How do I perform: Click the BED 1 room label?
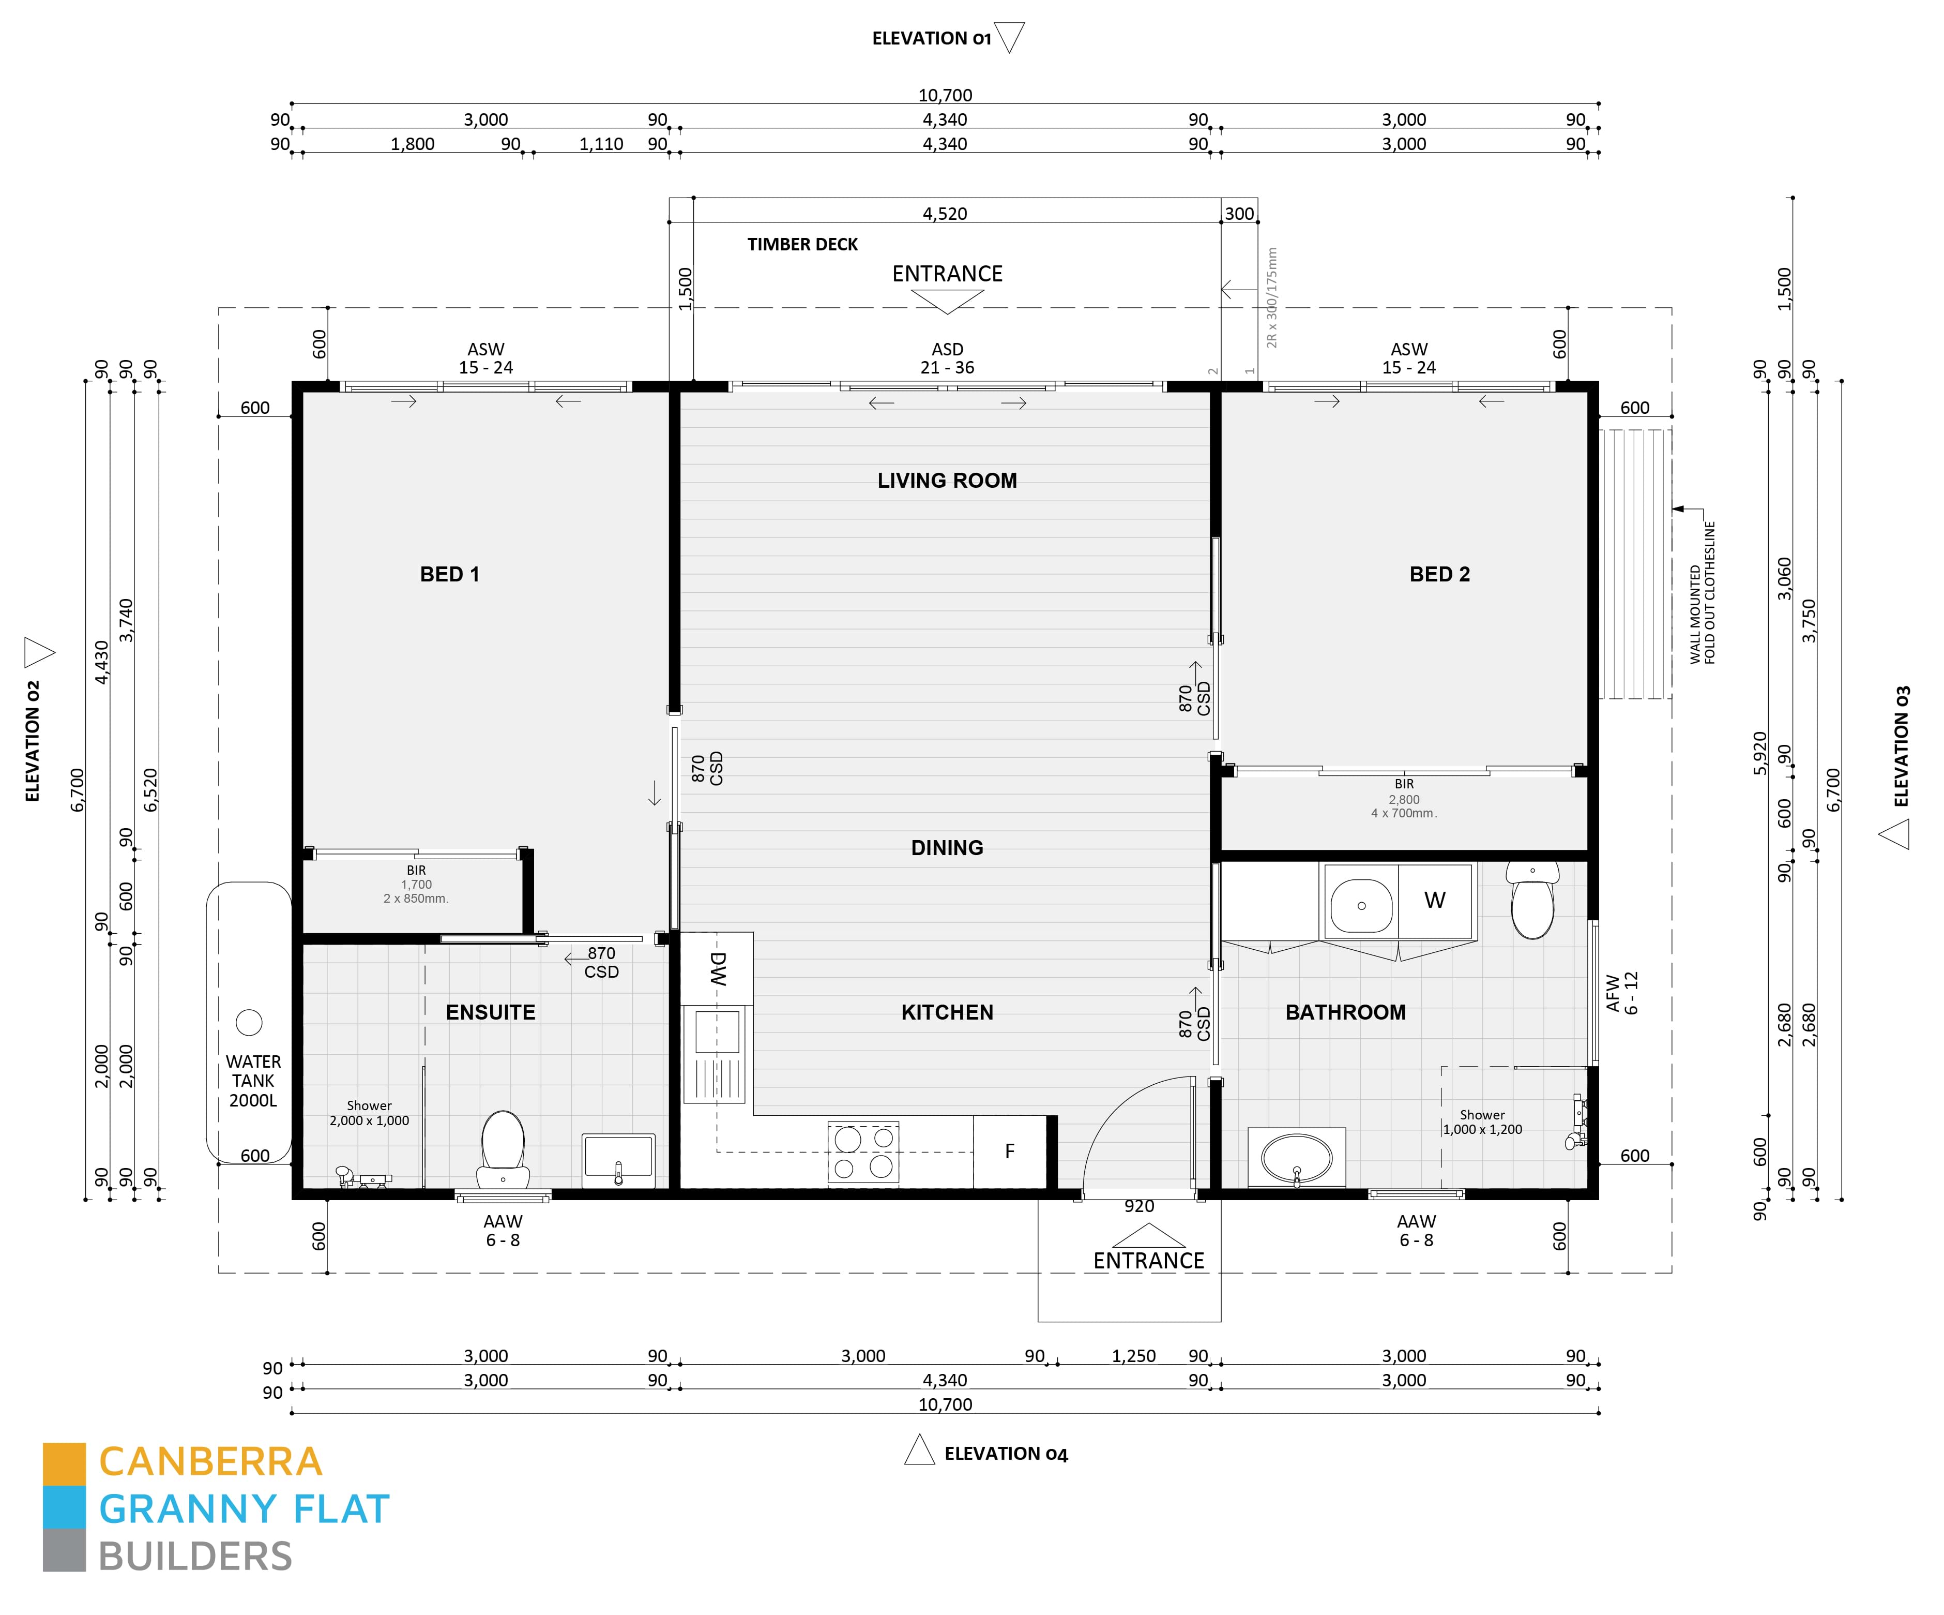point(450,574)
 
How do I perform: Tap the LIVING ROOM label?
point(947,481)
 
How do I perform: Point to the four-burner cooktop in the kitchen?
point(863,1152)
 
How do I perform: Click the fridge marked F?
point(1009,1151)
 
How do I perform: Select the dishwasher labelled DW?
point(718,968)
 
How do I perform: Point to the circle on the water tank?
point(249,1022)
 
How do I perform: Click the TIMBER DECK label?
point(802,245)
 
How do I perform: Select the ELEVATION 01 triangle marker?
point(1010,37)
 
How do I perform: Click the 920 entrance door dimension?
point(1138,1207)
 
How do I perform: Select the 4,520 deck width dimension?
point(944,214)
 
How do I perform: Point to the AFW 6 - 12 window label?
point(1622,993)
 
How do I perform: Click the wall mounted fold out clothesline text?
point(1703,593)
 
